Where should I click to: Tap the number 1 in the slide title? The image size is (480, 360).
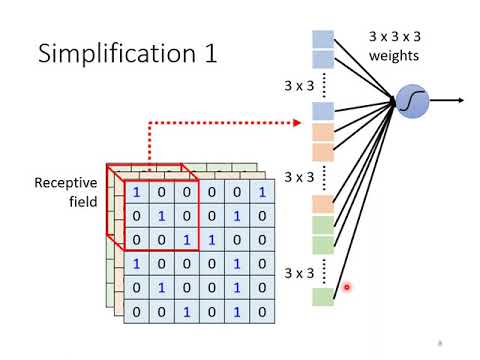[208, 53]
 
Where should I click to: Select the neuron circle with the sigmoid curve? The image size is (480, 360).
[412, 101]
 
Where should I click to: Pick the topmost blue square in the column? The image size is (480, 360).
[322, 38]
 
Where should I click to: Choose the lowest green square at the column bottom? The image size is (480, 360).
[322, 296]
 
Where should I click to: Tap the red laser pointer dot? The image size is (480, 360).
[347, 287]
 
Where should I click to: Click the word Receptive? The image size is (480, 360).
[67, 183]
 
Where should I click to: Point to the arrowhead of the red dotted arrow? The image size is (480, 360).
[298, 123]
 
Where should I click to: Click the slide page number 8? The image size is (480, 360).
[439, 344]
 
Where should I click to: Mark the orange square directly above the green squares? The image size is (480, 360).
[322, 204]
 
